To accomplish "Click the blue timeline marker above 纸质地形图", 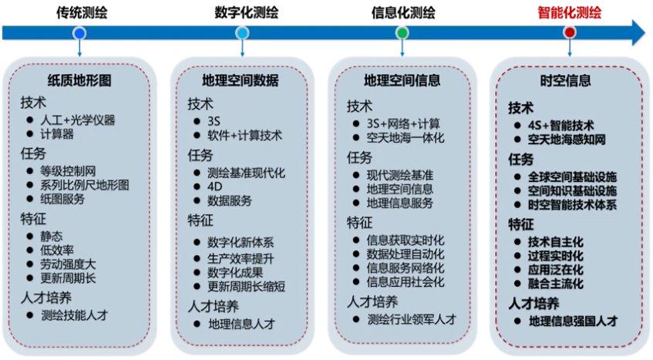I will click(79, 33).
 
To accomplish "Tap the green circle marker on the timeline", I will click(402, 33).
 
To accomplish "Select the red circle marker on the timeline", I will click(569, 32).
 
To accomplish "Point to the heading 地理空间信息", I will click(401, 80).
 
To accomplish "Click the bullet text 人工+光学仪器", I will click(78, 119).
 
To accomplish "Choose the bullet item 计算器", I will click(57, 134).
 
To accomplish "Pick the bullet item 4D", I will click(214, 186).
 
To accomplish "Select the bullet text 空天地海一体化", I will click(406, 138).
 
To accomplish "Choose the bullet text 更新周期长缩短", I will click(246, 286).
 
